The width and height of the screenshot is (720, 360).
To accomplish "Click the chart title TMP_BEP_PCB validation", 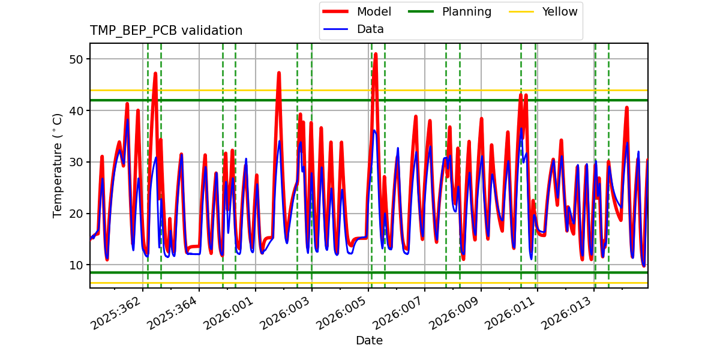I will [x=166, y=31].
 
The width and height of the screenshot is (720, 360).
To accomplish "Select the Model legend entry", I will [x=373, y=11].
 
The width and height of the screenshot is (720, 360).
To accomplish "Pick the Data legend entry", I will [x=370, y=29].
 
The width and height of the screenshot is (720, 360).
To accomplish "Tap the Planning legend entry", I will [x=466, y=11].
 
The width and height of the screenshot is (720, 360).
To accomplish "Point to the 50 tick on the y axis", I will [x=79, y=59].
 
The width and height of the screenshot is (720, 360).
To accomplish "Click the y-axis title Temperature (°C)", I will [x=58, y=165].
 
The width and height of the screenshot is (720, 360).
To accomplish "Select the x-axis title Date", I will [x=369, y=341].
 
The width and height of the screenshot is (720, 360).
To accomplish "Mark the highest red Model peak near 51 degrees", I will [x=376, y=54].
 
